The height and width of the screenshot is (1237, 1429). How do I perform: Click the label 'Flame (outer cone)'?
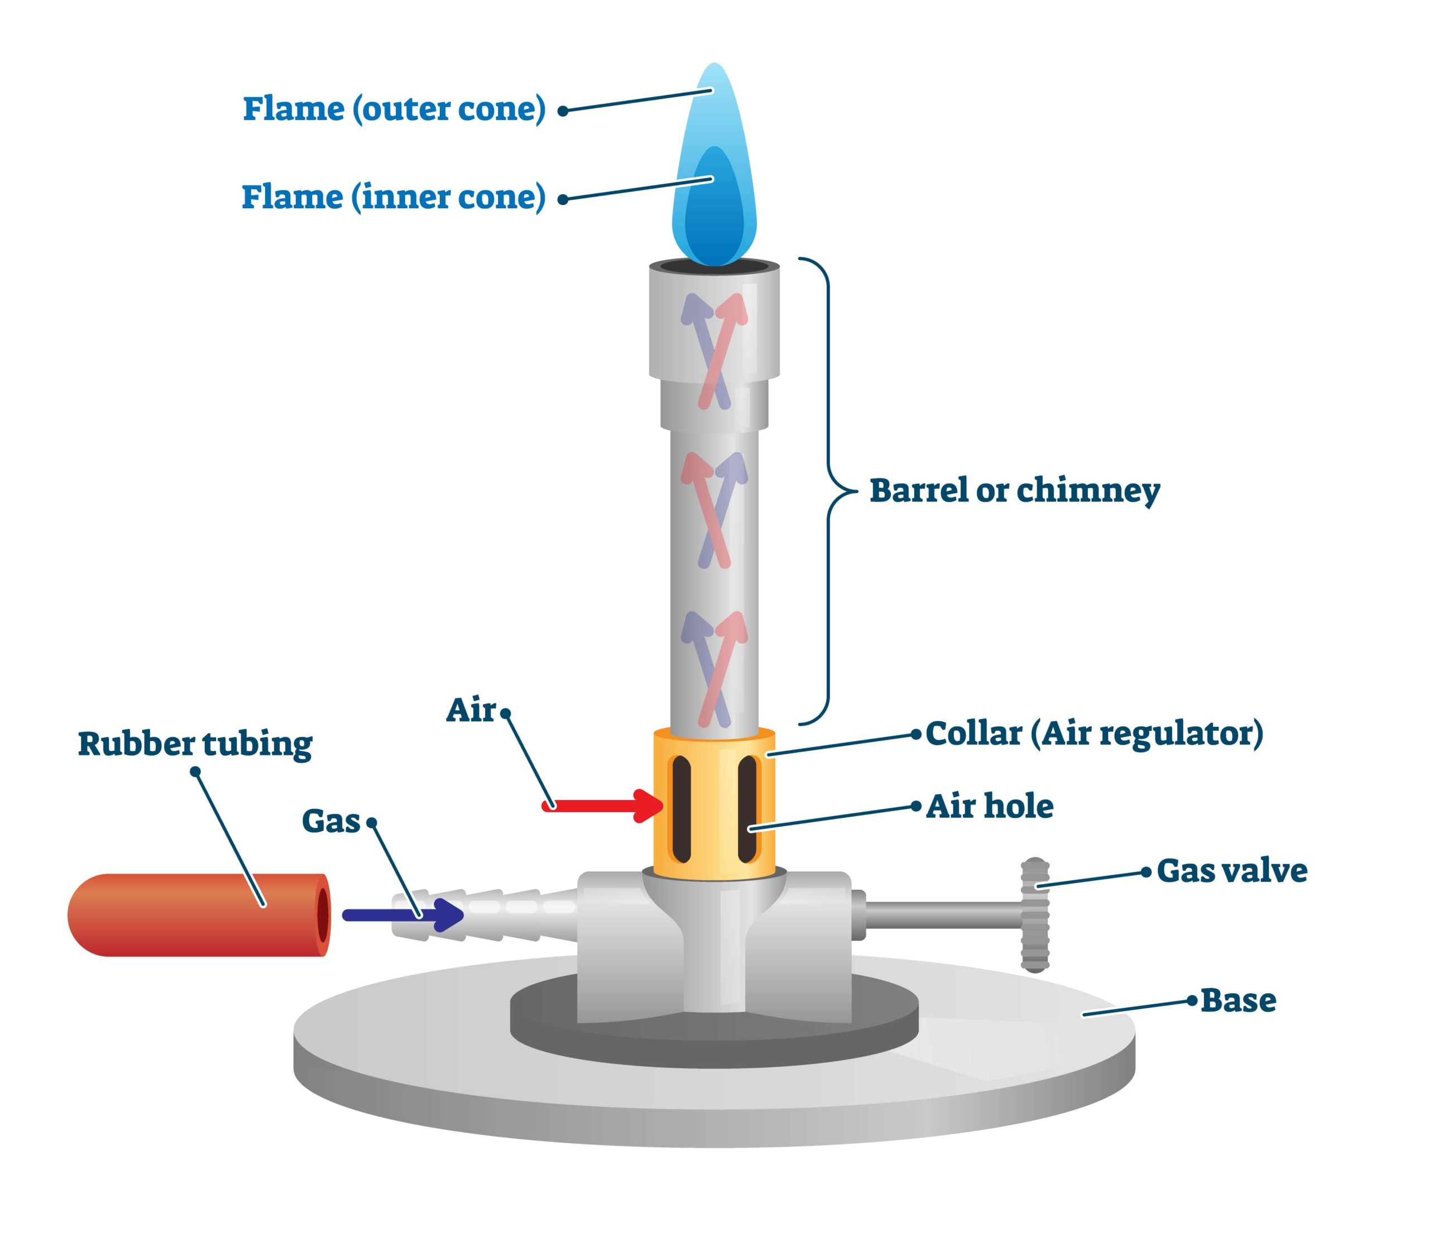[394, 109]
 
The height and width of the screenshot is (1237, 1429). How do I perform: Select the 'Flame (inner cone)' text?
[394, 198]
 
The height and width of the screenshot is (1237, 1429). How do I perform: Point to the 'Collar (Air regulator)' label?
[1094, 733]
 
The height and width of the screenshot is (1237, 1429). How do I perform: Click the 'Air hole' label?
[989, 806]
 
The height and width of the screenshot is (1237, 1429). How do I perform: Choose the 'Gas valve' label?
[1231, 871]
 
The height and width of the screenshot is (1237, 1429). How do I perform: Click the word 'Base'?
[1238, 1001]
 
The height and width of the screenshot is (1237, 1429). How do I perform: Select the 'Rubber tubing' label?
[195, 744]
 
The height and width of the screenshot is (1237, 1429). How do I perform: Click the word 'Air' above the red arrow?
[471, 710]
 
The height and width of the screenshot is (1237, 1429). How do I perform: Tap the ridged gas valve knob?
[1035, 915]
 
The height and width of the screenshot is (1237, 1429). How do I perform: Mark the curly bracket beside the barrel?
[828, 491]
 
